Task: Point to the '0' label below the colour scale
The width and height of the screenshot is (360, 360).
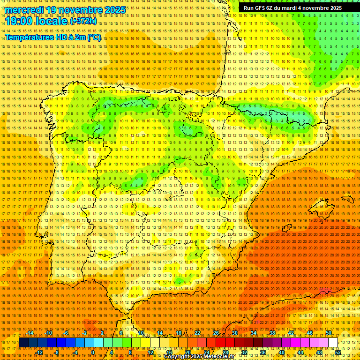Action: pyautogui.click(x=93, y=352)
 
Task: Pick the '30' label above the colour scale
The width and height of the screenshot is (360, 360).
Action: pyautogui.click(x=234, y=333)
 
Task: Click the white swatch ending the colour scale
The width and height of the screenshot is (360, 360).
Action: pyautogui.click(x=333, y=343)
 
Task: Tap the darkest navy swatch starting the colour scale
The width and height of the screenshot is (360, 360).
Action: pyautogui.click(x=23, y=343)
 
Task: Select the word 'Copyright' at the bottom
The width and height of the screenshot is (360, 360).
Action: pyautogui.click(x=177, y=357)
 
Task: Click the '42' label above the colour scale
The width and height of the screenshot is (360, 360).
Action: pyautogui.click(x=291, y=333)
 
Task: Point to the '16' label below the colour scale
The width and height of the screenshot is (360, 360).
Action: pyautogui.click(x=169, y=352)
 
